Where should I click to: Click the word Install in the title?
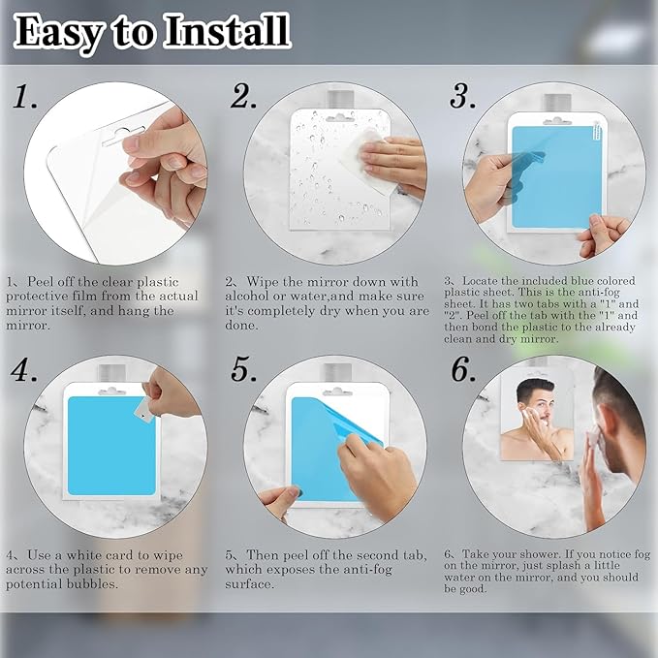tap(227, 31)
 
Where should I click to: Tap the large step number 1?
tap(24, 97)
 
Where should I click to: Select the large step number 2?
tap(243, 96)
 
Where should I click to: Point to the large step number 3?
tap(462, 96)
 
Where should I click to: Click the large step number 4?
tap(24, 370)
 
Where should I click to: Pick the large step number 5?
tap(244, 370)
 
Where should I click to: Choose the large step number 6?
tap(463, 370)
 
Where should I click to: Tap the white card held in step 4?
tap(143, 409)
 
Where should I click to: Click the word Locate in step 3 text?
tap(480, 281)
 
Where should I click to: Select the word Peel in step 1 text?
tap(40, 281)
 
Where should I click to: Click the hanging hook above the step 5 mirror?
tap(335, 372)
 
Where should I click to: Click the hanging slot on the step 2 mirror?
tap(339, 118)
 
